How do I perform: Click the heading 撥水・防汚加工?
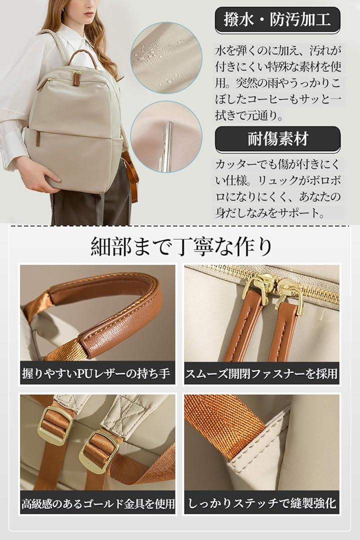(277, 19)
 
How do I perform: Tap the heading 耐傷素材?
(277, 139)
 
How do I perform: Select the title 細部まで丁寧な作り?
(181, 246)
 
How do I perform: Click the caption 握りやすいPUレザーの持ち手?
(96, 373)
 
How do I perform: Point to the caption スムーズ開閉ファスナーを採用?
(261, 373)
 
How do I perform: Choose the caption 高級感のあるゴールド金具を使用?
(98, 503)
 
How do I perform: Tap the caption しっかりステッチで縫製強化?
(261, 503)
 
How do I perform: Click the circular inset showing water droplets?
(166, 58)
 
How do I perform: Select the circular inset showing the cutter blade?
(166, 136)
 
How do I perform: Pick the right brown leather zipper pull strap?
(281, 330)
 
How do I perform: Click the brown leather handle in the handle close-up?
(113, 310)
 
